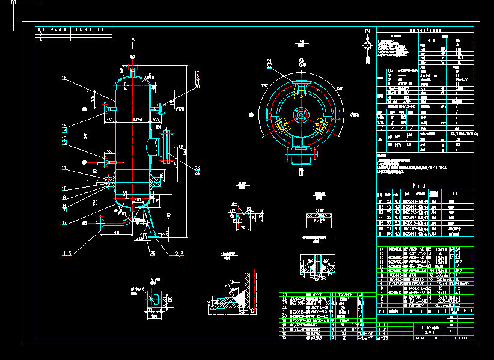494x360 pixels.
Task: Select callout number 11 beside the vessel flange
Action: tap(64, 168)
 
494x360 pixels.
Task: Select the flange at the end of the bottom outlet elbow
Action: tap(105, 225)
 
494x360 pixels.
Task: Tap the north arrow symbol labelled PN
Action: tap(367, 44)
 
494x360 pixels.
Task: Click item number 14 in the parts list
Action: tap(380, 248)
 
